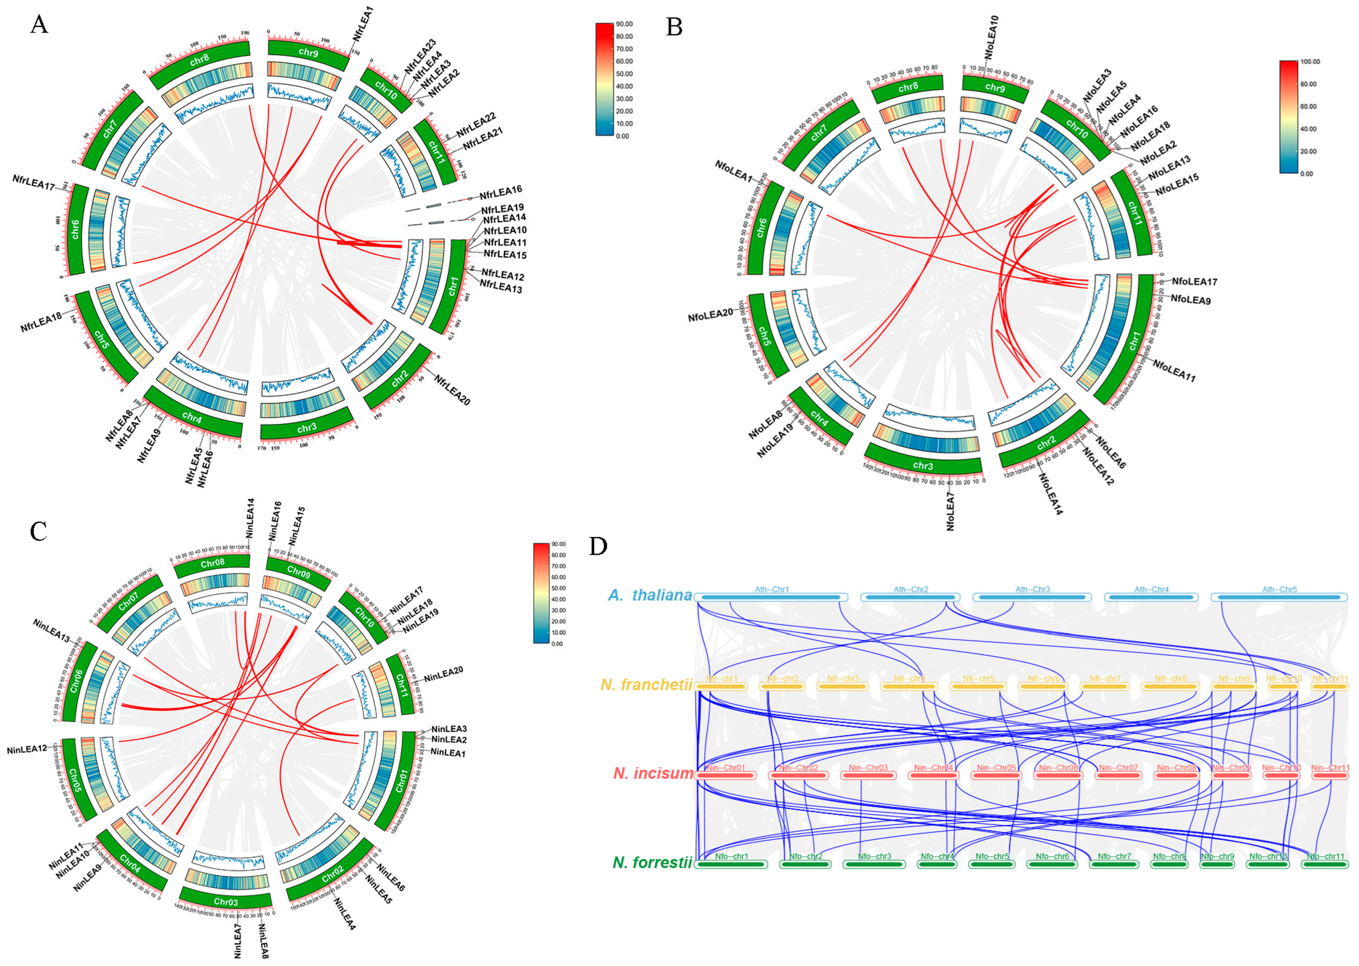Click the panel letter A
click(39, 25)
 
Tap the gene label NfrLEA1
click(363, 24)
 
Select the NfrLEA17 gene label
click(33, 183)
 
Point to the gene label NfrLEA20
click(452, 390)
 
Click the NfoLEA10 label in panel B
click(991, 37)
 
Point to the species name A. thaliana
click(650, 595)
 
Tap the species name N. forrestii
click(652, 863)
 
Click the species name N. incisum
click(653, 773)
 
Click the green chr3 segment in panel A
click(307, 428)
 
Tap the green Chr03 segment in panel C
click(226, 902)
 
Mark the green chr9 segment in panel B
click(995, 87)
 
